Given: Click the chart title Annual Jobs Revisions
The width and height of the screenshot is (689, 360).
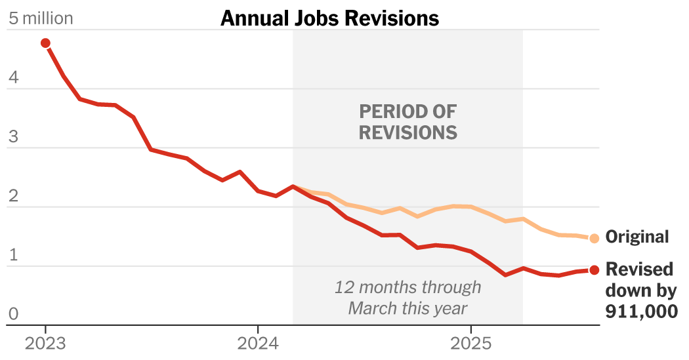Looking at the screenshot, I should click(x=329, y=18).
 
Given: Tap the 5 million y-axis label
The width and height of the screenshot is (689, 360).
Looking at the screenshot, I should click(x=41, y=18).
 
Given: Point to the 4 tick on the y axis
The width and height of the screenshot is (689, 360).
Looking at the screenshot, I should click(x=13, y=78).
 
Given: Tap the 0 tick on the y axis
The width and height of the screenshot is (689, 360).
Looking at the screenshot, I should click(x=13, y=314).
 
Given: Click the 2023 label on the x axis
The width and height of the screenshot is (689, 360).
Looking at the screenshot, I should click(x=45, y=344).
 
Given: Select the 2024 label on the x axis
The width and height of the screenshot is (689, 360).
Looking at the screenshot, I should click(x=258, y=344).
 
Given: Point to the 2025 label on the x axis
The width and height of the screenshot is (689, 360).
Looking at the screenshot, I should click(x=470, y=344).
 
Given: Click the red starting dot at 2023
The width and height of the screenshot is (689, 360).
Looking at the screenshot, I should click(x=45, y=43).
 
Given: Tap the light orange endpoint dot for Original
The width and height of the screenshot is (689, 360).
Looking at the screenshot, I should click(x=594, y=238).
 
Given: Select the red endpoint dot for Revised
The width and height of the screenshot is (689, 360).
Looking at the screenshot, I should click(x=594, y=270).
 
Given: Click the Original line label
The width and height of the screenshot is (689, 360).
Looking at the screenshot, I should click(x=637, y=237).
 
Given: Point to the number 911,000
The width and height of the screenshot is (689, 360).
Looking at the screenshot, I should click(x=641, y=311).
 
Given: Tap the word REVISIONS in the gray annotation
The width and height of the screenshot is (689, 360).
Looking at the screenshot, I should click(x=407, y=132).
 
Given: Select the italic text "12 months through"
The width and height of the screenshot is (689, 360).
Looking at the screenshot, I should click(x=407, y=287).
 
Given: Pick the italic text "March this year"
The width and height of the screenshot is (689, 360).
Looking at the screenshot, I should click(x=407, y=308).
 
